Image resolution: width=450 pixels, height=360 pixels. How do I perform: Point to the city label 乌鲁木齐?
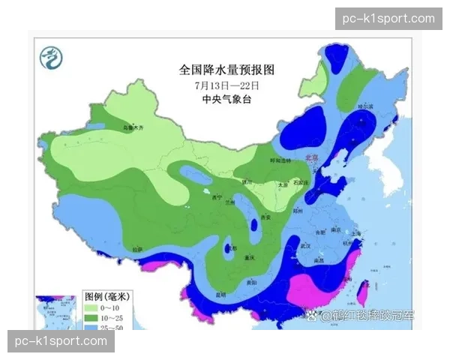click(133, 128)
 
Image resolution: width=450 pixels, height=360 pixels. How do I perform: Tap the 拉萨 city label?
click(136, 248)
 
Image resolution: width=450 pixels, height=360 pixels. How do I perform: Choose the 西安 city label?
click(265, 217)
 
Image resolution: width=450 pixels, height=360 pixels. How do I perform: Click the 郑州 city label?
click(298, 212)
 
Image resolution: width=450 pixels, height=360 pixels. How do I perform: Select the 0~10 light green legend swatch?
click(91, 307)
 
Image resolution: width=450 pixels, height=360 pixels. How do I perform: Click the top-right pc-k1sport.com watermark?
click(387, 18)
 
